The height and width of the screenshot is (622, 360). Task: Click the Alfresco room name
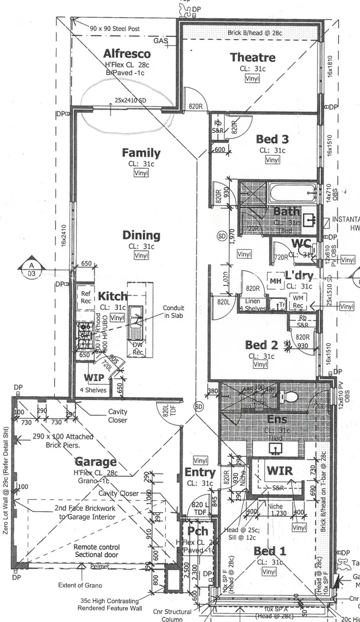(x=127, y=54)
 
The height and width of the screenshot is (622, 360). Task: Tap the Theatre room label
(x=252, y=57)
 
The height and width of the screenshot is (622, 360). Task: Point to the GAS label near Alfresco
(x=160, y=41)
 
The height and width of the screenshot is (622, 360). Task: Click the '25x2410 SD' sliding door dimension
(x=130, y=100)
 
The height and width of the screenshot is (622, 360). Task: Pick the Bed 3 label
(x=272, y=139)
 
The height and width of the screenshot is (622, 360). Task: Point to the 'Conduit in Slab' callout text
(x=173, y=312)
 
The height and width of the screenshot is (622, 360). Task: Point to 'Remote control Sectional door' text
(x=97, y=551)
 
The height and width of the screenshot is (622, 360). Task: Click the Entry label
(x=200, y=473)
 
